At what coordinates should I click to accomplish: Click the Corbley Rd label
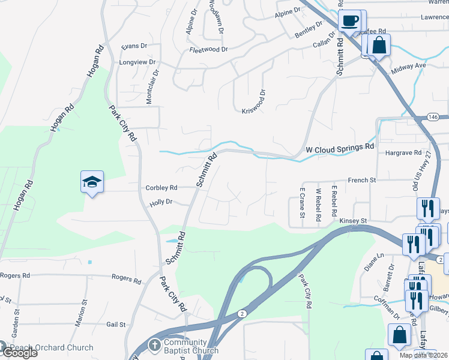point(161,188)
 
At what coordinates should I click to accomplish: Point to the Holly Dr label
point(161,203)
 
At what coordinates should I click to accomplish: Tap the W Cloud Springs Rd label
point(340,146)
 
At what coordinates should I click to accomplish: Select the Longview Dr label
point(137,62)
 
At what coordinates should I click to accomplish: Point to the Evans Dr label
point(134,46)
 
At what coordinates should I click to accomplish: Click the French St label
point(362,180)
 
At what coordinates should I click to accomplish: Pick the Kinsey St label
point(353,221)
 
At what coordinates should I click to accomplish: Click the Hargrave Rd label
point(403,153)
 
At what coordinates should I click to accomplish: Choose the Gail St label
point(115,325)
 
